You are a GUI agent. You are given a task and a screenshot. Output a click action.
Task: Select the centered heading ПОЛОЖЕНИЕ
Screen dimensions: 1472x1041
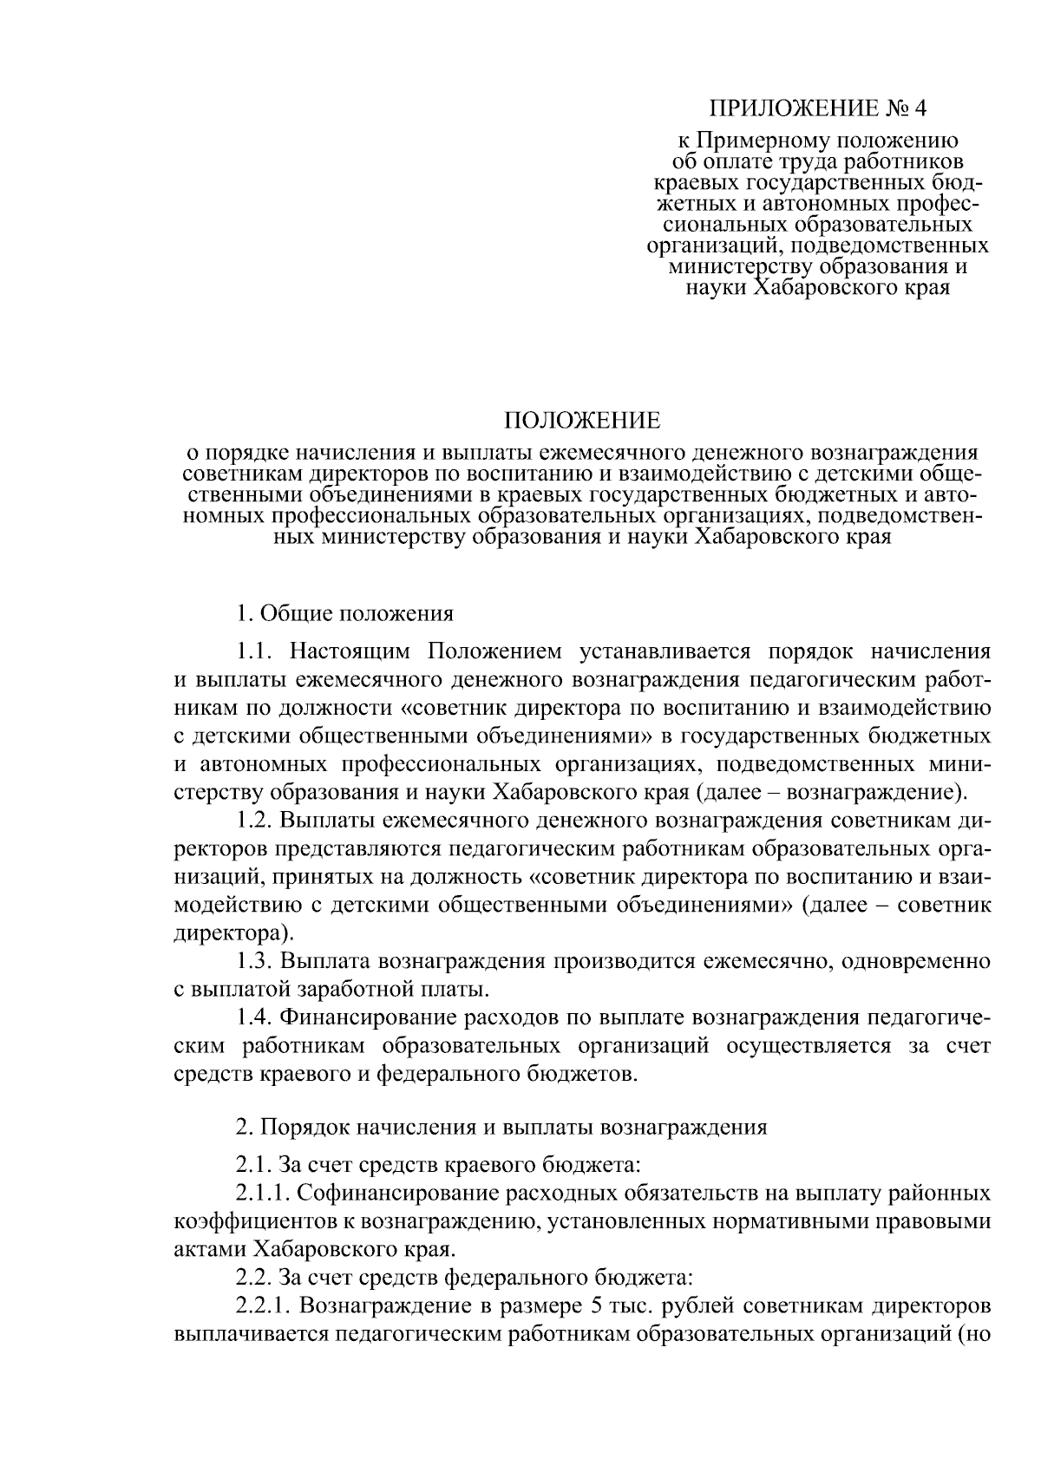583,422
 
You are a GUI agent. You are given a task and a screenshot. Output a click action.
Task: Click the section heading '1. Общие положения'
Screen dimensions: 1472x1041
344,614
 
